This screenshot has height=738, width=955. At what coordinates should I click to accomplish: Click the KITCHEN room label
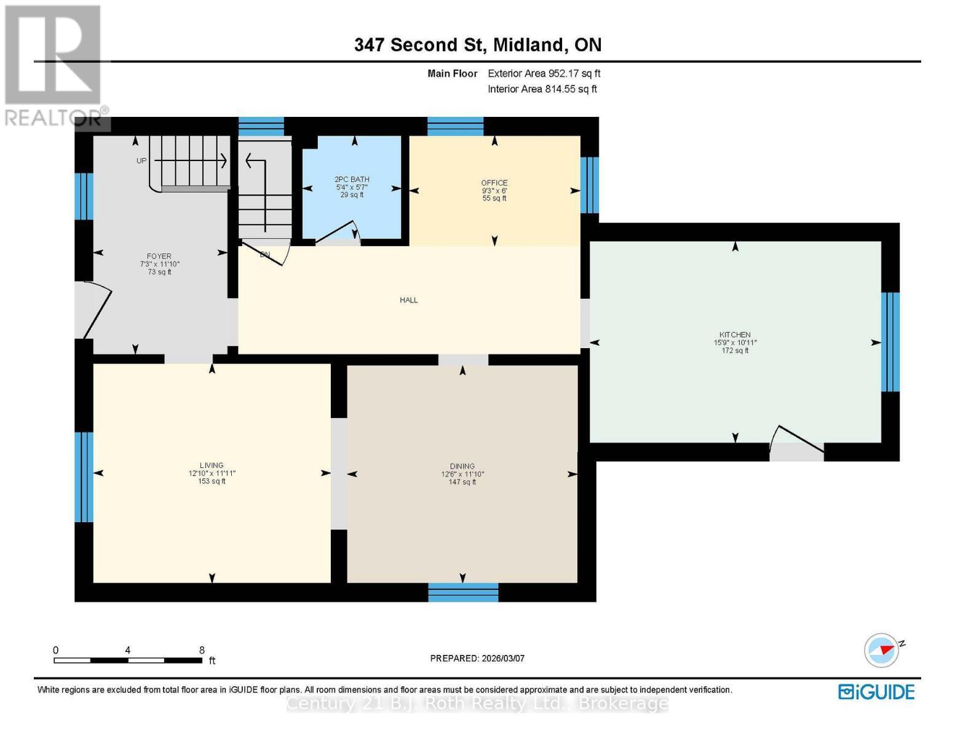pos(735,335)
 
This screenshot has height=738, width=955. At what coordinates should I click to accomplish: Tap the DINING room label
pos(462,466)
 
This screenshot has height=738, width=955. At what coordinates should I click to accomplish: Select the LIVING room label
pos(212,466)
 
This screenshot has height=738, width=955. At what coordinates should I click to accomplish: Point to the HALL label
pos(409,300)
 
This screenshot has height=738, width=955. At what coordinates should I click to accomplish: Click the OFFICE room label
pos(494,183)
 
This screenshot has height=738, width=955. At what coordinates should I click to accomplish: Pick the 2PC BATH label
pos(352,180)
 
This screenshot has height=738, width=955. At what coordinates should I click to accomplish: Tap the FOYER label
pos(159,256)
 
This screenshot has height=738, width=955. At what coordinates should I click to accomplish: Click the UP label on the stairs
pos(141,161)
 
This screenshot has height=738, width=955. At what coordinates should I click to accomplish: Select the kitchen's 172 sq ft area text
pos(735,351)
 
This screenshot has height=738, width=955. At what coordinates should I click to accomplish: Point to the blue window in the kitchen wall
pos(890,342)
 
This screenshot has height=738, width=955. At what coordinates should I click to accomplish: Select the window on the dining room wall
pos(463,593)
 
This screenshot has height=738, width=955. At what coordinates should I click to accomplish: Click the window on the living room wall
pos(84,477)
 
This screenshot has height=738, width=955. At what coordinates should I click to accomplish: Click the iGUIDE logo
pos(876,692)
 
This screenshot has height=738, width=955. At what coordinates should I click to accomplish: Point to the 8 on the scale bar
pos(202,650)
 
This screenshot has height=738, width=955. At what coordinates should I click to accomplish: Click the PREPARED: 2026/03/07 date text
pos(477,658)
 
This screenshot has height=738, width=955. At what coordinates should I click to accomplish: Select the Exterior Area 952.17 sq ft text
pos(544,74)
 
